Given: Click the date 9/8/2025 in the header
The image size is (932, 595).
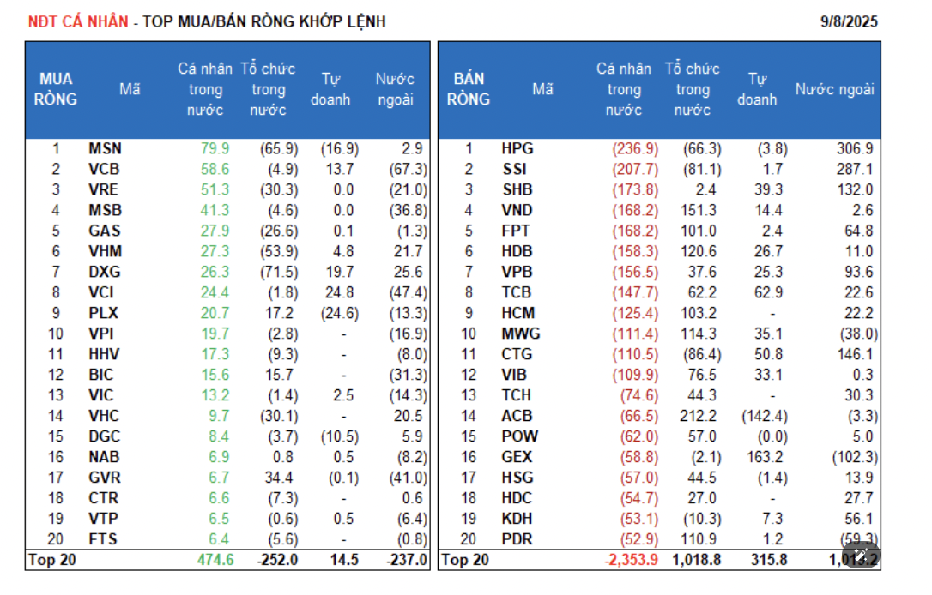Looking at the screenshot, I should point(849,21).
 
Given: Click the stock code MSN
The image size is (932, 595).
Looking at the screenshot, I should point(105,149).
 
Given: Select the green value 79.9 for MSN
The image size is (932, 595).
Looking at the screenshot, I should point(215,149).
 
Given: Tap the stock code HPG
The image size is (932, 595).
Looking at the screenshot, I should point(517,149).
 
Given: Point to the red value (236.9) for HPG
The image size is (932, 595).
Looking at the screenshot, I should point(635,149).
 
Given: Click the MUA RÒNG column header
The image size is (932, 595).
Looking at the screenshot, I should point(56,89).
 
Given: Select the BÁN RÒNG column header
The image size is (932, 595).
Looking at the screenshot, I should point(469,89).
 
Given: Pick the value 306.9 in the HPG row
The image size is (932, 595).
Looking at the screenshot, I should point(855,149).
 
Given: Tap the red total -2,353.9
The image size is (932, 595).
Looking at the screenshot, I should point(631,561).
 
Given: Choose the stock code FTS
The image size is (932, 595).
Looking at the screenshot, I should point(104,540).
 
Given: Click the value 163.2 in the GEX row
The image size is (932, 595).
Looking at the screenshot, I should point(766,457).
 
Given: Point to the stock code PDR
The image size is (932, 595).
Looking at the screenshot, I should point(517,540).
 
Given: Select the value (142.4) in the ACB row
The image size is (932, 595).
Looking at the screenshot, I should point(762,416).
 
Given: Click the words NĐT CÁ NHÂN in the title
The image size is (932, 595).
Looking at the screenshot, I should point(78,21).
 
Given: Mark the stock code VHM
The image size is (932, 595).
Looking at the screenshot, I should point(105,252).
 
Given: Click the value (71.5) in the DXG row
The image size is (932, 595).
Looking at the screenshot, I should point(279,273).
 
